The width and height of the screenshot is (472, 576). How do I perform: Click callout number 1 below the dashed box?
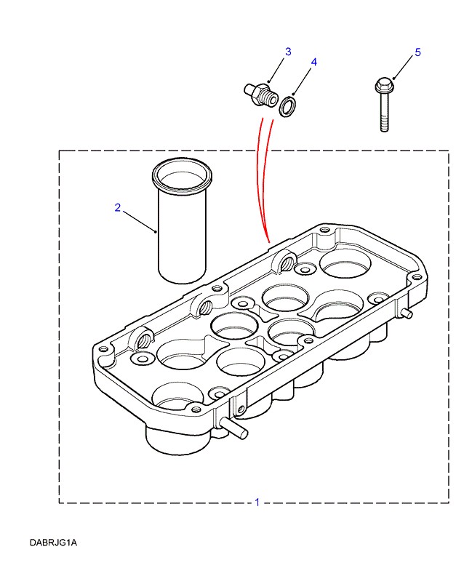click(257, 502)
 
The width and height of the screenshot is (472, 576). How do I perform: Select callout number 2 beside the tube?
click(118, 207)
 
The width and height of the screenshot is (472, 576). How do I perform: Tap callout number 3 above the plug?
click(288, 52)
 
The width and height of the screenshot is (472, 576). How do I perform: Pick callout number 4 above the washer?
click(313, 63)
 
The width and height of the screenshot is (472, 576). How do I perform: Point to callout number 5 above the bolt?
click(417, 52)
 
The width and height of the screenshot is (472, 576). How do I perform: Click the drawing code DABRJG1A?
click(54, 543)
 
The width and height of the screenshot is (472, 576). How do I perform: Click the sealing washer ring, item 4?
click(288, 108)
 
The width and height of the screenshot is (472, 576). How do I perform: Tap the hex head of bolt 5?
click(383, 87)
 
